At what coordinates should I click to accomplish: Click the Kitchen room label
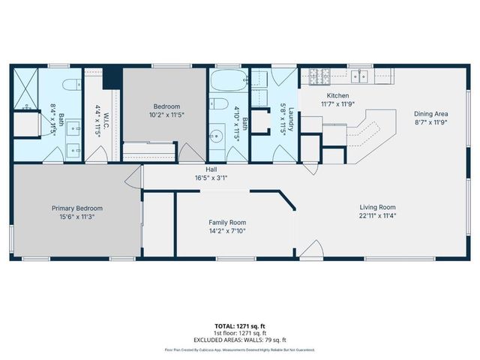tap(337, 96)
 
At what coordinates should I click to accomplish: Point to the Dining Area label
tap(431, 114)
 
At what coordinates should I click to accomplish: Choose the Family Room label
tap(226, 223)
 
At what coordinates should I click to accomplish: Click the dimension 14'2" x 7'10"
tap(226, 231)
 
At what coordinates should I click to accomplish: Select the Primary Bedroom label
tap(77, 208)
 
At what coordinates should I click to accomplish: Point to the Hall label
tap(201, 170)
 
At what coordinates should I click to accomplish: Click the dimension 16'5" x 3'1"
tap(201, 178)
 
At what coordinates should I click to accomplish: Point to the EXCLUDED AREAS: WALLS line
tap(240, 339)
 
